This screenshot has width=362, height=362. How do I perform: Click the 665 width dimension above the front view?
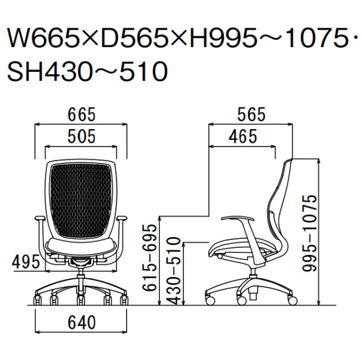pyautogui.click(x=81, y=114)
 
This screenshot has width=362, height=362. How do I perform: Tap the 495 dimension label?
pyautogui.click(x=26, y=262)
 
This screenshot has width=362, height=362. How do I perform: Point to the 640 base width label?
pyautogui.click(x=81, y=322)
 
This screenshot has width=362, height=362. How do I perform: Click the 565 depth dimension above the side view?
pyautogui.click(x=252, y=114)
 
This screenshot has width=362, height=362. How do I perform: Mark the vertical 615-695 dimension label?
pyautogui.click(x=150, y=258)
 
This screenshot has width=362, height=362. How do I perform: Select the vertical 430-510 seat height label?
pyautogui.click(x=173, y=270)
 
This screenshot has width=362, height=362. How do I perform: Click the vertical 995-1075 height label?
pyautogui.click(x=310, y=233)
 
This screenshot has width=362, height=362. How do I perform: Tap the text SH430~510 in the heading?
pyautogui.click(x=87, y=71)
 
